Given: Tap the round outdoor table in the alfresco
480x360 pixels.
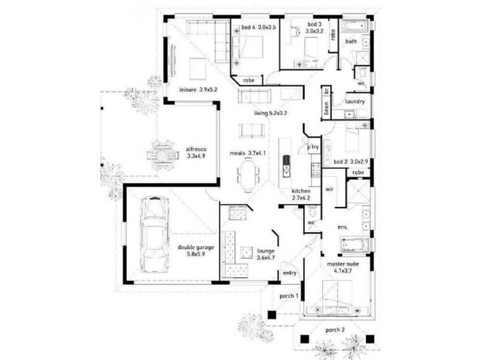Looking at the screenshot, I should (163, 154).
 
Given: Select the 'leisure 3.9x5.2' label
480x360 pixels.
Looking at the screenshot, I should (197, 90).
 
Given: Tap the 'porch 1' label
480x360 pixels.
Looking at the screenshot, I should (289, 296).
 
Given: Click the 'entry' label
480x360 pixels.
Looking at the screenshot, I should (289, 273).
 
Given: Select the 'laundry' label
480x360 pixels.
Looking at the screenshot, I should (354, 101).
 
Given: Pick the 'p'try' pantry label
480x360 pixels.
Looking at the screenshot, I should (312, 146).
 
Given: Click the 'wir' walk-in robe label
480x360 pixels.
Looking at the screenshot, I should (329, 189).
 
